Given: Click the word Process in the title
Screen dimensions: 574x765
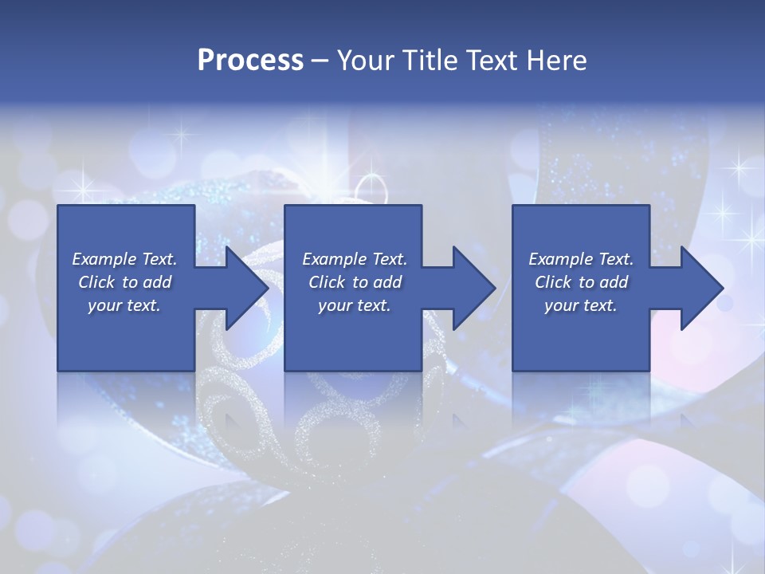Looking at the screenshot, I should (250, 61).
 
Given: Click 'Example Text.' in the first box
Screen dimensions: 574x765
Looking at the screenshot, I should (124, 259).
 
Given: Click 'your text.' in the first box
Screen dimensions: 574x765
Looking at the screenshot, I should (124, 305).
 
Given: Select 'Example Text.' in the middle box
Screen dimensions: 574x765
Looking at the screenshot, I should (355, 259).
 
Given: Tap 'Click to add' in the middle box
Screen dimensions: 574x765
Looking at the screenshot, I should (355, 282).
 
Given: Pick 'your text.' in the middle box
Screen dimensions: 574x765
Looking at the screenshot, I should (355, 305).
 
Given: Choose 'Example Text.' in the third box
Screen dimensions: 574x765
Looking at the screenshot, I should (581, 259).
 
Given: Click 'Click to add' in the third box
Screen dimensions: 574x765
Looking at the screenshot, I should (581, 282).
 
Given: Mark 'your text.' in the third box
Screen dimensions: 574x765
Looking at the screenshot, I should (581, 305).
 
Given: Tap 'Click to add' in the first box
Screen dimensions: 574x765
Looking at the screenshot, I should (124, 282).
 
